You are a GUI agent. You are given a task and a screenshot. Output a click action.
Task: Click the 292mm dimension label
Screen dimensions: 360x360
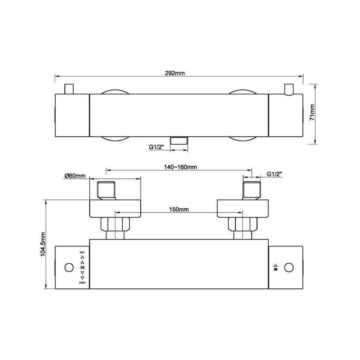coord(175,73)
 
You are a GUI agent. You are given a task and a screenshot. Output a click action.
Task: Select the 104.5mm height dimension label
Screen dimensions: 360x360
coord(43,244)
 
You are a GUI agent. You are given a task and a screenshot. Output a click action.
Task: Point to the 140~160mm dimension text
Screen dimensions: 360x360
coord(180,167)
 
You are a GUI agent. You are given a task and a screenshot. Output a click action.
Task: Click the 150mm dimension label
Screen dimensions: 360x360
coord(179,209)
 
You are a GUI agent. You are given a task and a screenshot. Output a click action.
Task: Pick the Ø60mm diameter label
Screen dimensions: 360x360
coord(75,176)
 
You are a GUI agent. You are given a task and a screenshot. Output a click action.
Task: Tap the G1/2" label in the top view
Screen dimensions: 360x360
coord(156,147)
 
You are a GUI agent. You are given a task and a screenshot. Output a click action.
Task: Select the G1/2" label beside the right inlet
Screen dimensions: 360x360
coord(274,174)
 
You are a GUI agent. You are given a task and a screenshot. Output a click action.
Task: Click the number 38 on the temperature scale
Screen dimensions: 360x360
coord(82,268)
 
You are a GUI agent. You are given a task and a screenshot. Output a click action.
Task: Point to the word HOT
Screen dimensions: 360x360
coord(82,252)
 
